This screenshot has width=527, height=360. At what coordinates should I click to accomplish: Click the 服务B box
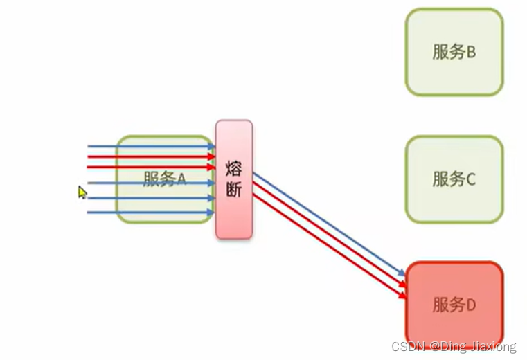click(454, 52)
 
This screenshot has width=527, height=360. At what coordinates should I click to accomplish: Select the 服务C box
click(454, 179)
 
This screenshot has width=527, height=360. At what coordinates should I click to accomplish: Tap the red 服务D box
click(454, 305)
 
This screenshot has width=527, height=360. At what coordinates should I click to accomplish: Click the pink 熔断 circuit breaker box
click(234, 179)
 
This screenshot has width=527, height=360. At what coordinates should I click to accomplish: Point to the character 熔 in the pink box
click(234, 168)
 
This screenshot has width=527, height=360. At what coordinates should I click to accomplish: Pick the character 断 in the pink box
click(234, 190)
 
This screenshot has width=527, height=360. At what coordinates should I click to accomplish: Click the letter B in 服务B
click(470, 53)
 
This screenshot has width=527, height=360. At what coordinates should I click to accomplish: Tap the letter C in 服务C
click(470, 180)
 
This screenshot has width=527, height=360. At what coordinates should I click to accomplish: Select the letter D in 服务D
click(470, 305)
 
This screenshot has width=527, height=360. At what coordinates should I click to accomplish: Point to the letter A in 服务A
click(181, 179)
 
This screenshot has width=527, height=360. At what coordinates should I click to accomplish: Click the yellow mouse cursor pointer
click(82, 192)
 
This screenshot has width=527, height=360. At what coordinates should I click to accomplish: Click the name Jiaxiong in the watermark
click(492, 346)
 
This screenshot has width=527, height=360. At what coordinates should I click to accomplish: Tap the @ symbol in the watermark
click(431, 346)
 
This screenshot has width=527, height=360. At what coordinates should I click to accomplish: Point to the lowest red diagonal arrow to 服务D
click(325, 246)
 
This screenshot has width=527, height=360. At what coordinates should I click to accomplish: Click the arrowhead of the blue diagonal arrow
click(402, 274)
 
